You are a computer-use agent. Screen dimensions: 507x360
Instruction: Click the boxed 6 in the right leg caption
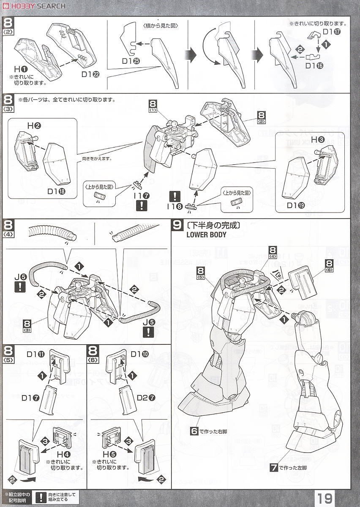[194, 431]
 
